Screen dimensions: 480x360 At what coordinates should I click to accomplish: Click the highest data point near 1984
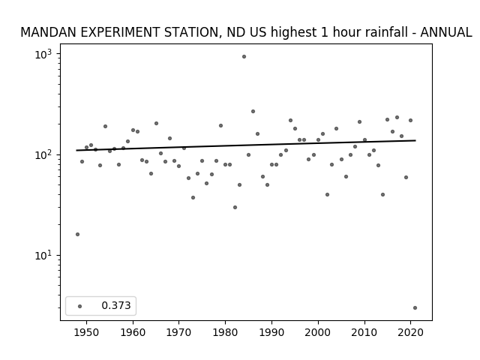pyautogui.click(x=244, y=57)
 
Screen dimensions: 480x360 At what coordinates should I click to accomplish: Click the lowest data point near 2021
pyautogui.click(x=415, y=308)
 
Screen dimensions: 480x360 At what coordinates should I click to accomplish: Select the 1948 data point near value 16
pyautogui.click(x=77, y=235)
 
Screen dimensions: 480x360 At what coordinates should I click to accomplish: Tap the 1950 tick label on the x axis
pyautogui.click(x=87, y=333)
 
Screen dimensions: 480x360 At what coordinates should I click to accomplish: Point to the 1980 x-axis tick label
pyautogui.click(x=226, y=333)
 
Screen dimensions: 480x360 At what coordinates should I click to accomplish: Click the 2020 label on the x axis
pyautogui.click(x=411, y=333)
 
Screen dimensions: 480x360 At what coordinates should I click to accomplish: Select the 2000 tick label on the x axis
pyautogui.click(x=318, y=333)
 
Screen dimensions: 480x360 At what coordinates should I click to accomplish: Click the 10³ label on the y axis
pyautogui.click(x=43, y=55)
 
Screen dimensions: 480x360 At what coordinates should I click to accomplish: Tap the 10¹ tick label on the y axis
pyautogui.click(x=43, y=256)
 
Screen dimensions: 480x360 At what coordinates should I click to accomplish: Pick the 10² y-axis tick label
pyautogui.click(x=43, y=155)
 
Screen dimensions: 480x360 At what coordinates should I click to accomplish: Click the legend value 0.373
pyautogui.click(x=116, y=305)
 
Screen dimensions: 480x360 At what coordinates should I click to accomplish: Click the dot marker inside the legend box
pyautogui.click(x=80, y=306)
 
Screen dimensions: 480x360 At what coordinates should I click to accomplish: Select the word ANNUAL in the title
pyautogui.click(x=446, y=32)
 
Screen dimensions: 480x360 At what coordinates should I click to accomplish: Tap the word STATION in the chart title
pyautogui.click(x=193, y=33)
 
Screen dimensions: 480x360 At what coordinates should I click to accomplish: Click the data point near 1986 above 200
pyautogui.click(x=253, y=112)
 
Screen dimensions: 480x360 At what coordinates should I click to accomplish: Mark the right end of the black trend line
pyautogui.click(x=415, y=140)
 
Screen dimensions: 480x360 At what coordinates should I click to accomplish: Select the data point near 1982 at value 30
pyautogui.click(x=235, y=208)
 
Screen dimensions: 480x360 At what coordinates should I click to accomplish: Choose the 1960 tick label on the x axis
pyautogui.click(x=133, y=333)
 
